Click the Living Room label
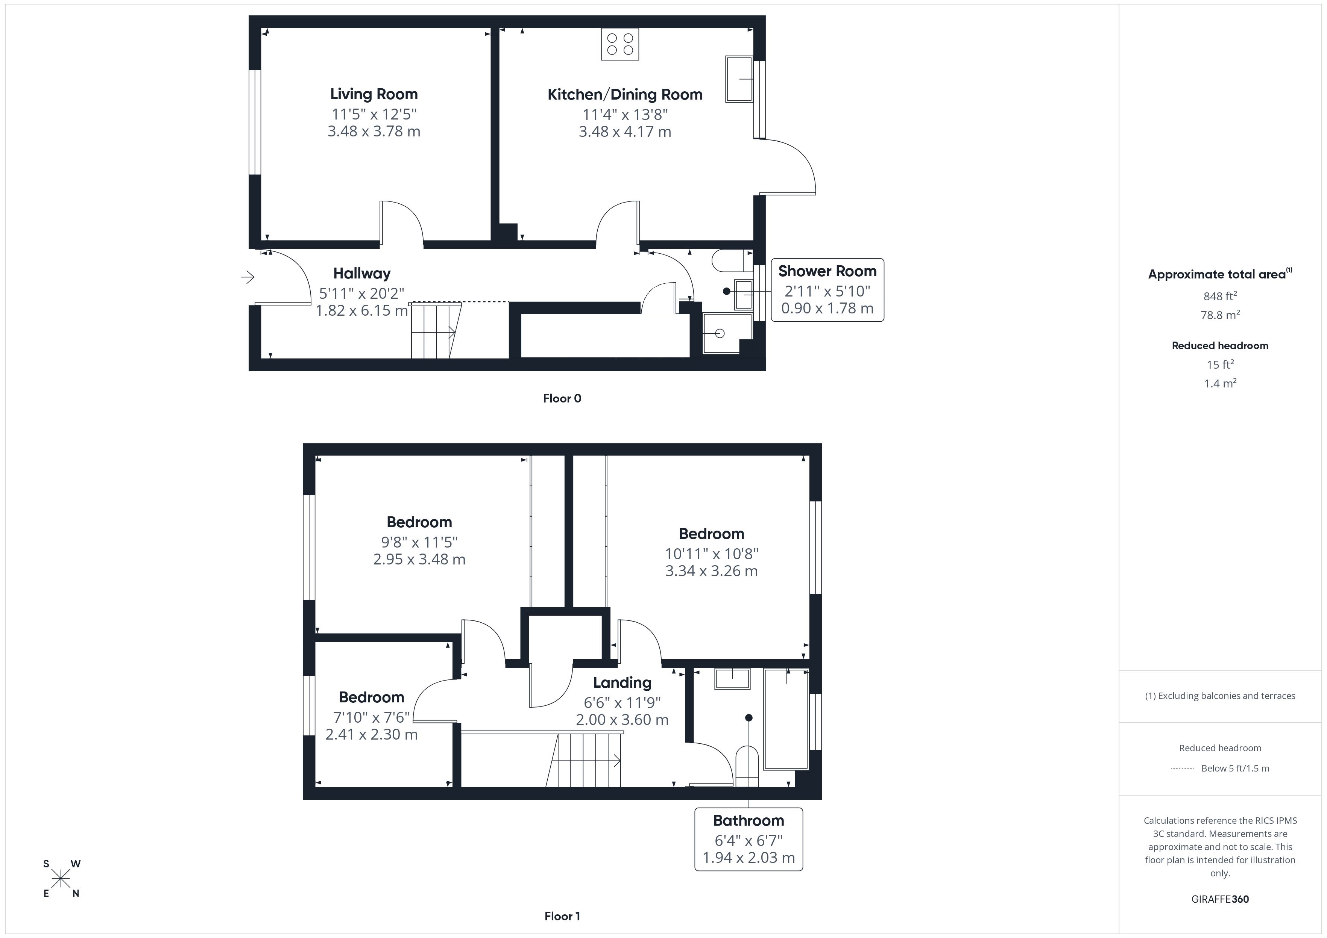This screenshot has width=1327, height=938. click(374, 94)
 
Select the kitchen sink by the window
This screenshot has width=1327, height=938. click(739, 79)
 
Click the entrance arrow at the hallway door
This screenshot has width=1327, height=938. click(247, 278)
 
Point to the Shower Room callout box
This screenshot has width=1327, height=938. click(827, 290)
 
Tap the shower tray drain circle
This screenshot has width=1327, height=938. click(720, 333)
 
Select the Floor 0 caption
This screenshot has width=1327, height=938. click(562, 398)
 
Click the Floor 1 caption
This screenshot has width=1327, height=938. click(562, 916)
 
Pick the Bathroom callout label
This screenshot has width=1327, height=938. click(749, 821)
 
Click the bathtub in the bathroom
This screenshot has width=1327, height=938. click(785, 719)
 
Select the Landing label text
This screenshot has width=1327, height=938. click(622, 683)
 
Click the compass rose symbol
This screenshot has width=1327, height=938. click(61, 879)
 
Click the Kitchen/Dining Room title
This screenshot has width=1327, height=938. click(625, 95)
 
